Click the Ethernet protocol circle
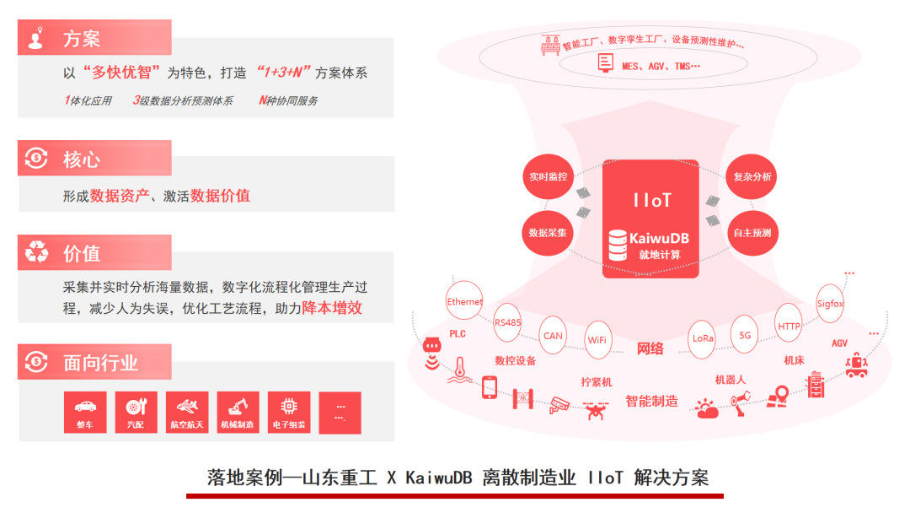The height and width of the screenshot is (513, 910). pos(465,302)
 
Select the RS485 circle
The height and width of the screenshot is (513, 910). pos(508,321)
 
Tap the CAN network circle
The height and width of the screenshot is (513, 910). pos(553,335)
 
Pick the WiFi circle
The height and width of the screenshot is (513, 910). pos(597,340)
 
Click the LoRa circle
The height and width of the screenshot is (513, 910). pos(703,337)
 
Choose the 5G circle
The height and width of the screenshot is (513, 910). pos(745,334)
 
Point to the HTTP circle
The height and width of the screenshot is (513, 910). pos(790,326)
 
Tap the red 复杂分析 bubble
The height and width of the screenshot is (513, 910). pos(752,177)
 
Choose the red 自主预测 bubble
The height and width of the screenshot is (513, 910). pos(752,232)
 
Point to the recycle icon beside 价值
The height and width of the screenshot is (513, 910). pos(36,251)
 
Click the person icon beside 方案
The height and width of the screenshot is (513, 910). pos(36,38)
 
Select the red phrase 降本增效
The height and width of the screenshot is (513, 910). pos(332,308)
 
